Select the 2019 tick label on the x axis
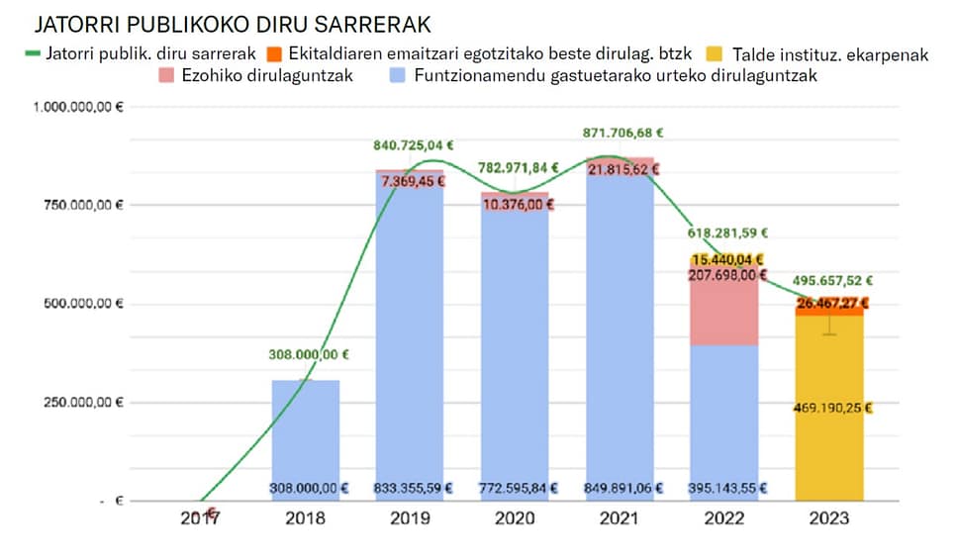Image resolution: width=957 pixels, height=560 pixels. click(x=410, y=516)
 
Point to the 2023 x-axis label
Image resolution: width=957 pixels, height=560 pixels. click(x=829, y=516)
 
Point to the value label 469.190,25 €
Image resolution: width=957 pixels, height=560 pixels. click(x=830, y=407)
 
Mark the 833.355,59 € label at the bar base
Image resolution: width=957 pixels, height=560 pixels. click(x=410, y=487)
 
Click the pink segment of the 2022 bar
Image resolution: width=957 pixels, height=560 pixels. click(x=724, y=317)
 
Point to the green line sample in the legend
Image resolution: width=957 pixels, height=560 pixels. click(x=34, y=53)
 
